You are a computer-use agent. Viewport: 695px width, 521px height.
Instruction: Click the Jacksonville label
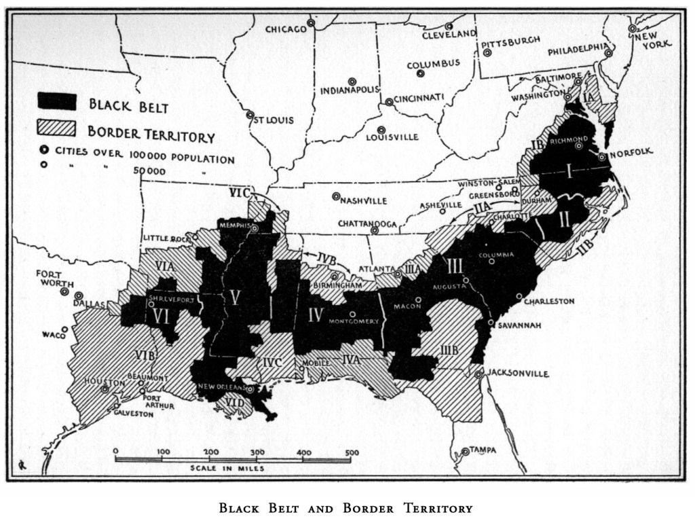(516, 374)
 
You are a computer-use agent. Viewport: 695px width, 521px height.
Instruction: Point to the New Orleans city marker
(250, 390)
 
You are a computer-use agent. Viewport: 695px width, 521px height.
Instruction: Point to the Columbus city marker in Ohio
(421, 73)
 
